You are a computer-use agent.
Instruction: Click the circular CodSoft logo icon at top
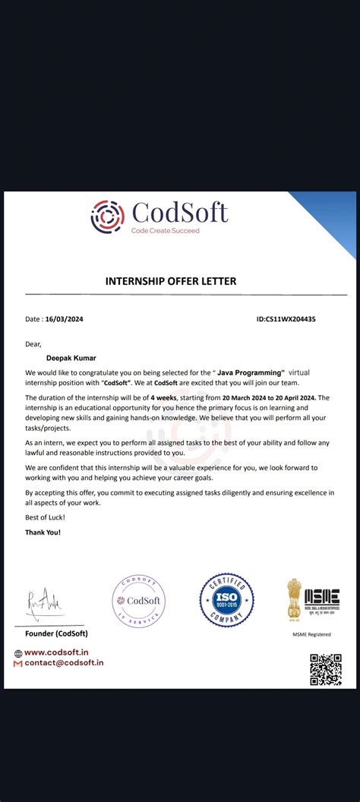(107, 216)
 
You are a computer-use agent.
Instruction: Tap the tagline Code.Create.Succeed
(166, 230)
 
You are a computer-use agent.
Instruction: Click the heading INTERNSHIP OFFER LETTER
(170, 281)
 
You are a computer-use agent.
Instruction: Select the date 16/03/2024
(64, 319)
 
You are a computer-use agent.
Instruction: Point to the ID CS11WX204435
(286, 319)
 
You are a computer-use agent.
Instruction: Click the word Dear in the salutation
(33, 343)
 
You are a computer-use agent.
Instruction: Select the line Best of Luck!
(45, 517)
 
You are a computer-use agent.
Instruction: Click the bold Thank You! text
(43, 532)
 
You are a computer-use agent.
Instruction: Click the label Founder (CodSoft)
(57, 633)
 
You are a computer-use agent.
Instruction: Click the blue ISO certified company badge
(226, 600)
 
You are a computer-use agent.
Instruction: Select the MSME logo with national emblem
(312, 600)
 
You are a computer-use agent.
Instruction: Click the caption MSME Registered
(311, 633)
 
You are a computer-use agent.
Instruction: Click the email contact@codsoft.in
(64, 663)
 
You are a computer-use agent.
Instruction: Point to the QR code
(325, 669)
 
